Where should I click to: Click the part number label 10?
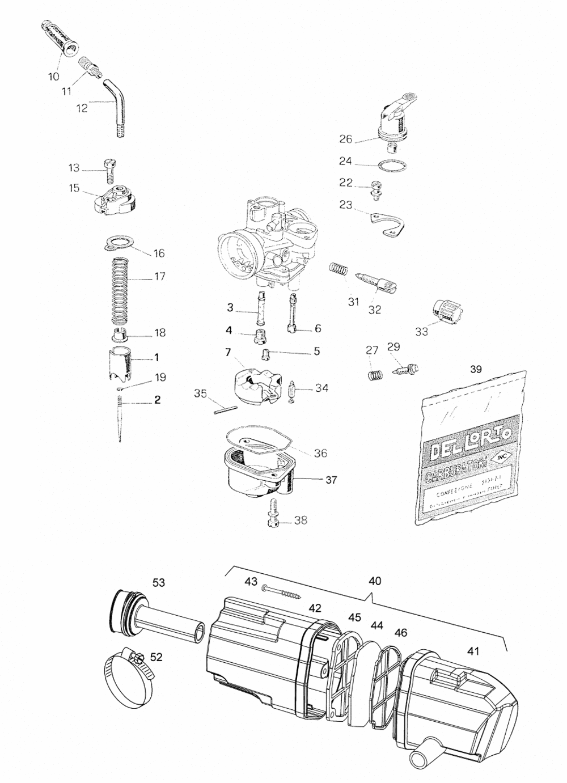coord(53,75)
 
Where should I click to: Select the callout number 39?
coord(476,369)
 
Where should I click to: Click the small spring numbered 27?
coord(374,375)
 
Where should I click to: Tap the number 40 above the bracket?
coord(375,581)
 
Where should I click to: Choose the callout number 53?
coord(158,582)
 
